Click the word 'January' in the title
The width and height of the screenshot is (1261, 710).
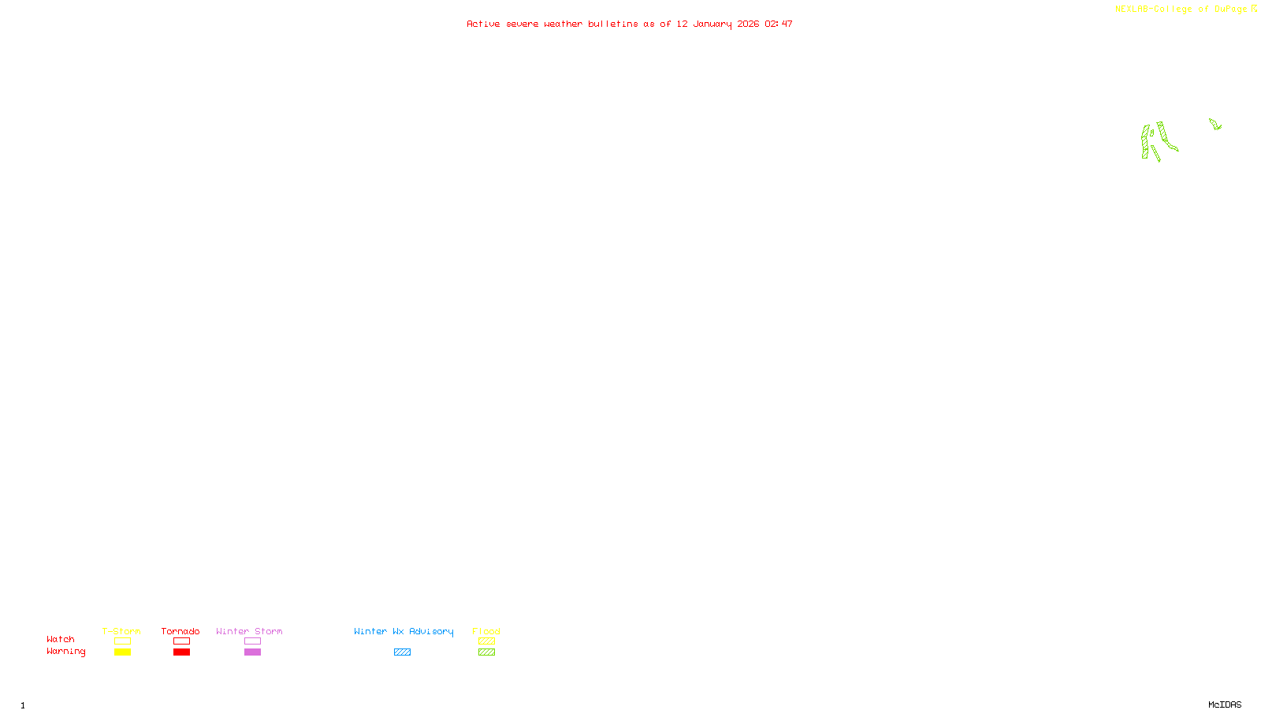(712, 24)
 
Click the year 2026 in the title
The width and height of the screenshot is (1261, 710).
(748, 24)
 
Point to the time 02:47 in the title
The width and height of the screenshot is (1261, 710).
(779, 24)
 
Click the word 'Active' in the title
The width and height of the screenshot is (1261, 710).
(482, 24)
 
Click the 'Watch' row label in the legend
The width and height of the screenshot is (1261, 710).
(61, 640)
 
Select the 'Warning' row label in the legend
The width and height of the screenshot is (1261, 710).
(65, 652)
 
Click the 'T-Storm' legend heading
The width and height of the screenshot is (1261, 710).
(121, 631)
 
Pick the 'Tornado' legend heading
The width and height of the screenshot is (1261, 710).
(180, 631)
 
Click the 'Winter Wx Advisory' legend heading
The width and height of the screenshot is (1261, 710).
(404, 631)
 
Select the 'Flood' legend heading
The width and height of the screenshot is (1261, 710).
(486, 631)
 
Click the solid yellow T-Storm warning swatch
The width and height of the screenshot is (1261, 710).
(122, 652)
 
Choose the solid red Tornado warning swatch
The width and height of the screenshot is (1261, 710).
(181, 652)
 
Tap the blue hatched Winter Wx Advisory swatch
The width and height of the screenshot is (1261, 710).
(402, 652)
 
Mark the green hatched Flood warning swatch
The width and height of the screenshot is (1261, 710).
(486, 652)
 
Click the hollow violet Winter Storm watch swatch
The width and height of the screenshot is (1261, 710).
(252, 641)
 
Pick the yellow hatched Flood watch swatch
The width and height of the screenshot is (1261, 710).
(486, 641)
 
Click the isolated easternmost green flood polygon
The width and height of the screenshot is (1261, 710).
(1215, 124)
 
